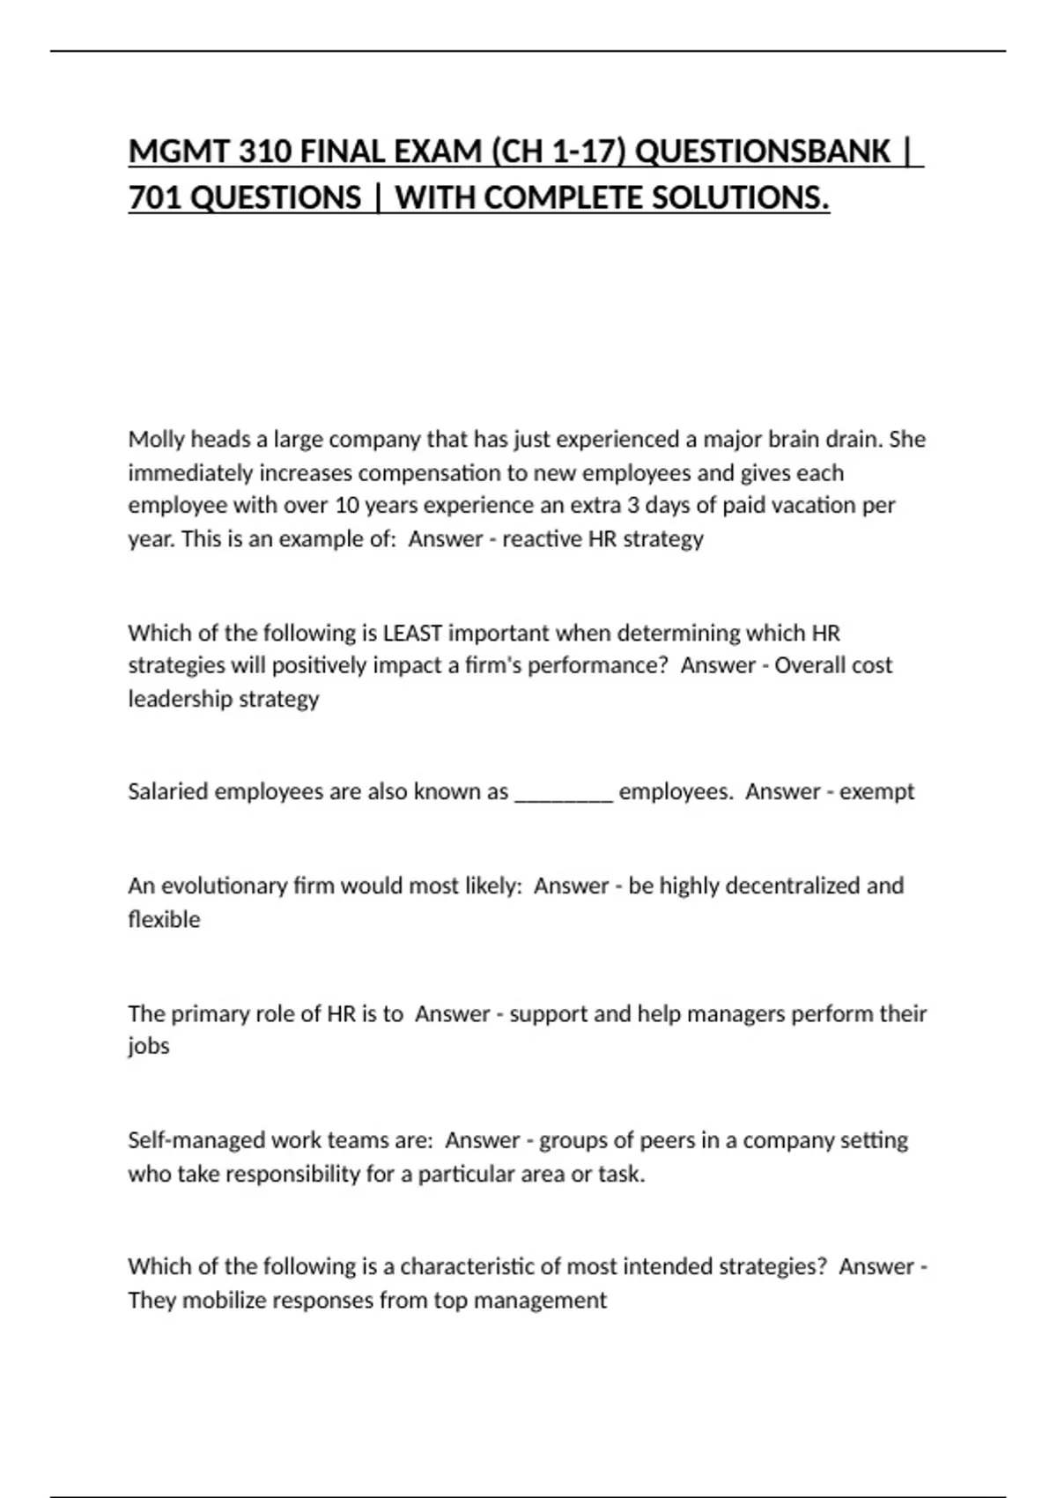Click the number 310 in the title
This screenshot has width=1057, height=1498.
tap(262, 152)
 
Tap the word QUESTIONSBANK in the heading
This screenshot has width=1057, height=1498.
tap(762, 152)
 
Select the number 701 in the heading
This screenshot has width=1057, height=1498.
tap(156, 198)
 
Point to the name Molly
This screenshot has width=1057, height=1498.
tap(156, 439)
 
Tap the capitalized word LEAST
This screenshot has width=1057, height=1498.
tap(414, 633)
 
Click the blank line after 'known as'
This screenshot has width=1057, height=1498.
tap(563, 792)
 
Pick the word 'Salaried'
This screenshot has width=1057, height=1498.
tap(167, 791)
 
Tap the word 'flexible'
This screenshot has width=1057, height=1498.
tap(164, 919)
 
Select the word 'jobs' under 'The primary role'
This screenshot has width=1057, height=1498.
tap(148, 1046)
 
